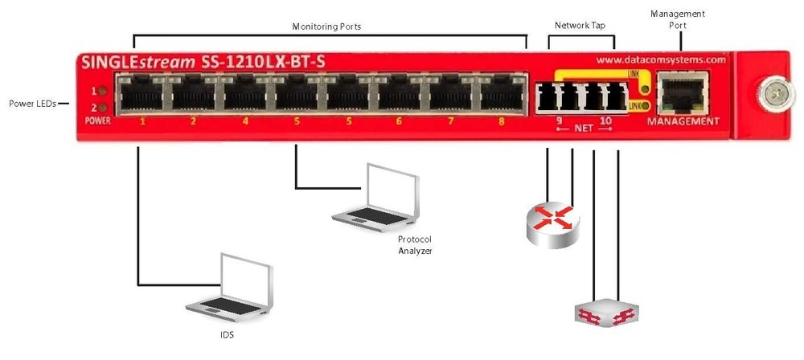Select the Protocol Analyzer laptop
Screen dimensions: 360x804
pyautogui.click(x=378, y=197)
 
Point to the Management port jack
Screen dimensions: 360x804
pyautogui.click(x=682, y=90)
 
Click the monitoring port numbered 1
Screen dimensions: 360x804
pyautogui.click(x=142, y=96)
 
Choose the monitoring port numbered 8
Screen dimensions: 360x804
pyautogui.click(x=501, y=96)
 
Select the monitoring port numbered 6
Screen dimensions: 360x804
pyautogui.click(x=398, y=96)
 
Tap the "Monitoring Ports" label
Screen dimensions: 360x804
pyautogui.click(x=326, y=26)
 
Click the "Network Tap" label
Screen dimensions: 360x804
pyautogui.click(x=580, y=26)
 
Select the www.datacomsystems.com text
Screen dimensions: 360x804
pyautogui.click(x=662, y=59)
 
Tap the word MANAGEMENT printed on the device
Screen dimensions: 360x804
pyautogui.click(x=683, y=121)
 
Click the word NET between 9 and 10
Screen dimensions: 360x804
pyautogui.click(x=580, y=129)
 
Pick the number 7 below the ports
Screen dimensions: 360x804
pyautogui.click(x=450, y=122)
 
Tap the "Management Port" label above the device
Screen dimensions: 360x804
pyautogui.click(x=676, y=19)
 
